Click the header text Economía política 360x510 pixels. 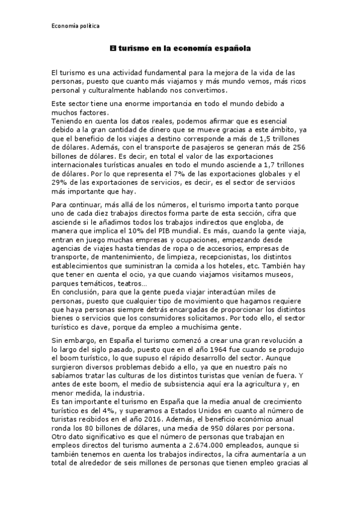(75, 26)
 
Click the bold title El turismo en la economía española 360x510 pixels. (180, 46)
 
